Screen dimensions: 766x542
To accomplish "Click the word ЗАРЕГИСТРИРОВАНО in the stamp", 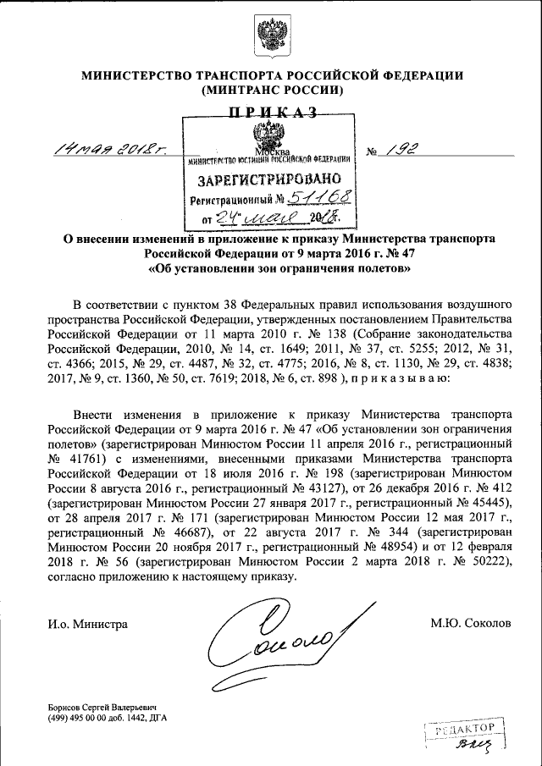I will pyautogui.click(x=269, y=180).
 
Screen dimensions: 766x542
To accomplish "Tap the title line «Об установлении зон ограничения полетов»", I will pyautogui.click(x=272, y=270).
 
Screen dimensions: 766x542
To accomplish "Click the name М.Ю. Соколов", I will pyautogui.click(x=471, y=624).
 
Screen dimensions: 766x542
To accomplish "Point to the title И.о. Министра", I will pyautogui.click(x=88, y=624).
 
